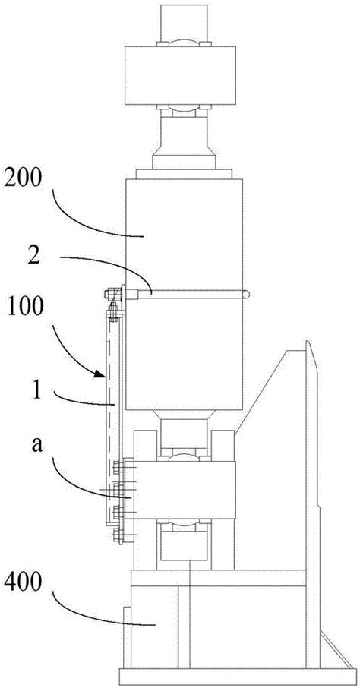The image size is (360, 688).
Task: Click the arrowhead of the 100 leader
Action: pos(102,374)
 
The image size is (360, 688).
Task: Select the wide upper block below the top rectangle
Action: pos(180,75)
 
